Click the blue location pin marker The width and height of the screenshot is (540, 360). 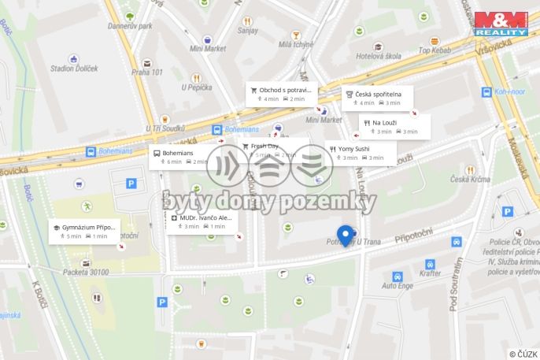pos(344,235)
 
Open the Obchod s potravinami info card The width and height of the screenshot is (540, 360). pos(281,94)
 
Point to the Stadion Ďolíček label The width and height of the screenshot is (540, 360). pos(73,69)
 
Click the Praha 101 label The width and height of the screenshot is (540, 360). pos(146,72)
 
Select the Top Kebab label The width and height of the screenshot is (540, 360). pos(434,50)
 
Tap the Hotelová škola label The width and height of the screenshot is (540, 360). pos(378,56)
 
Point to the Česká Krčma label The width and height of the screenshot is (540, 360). pos(470,179)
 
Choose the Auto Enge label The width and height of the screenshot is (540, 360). pos(398,285)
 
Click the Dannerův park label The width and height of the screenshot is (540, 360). pos(129,25)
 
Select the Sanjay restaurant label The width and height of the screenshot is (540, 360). pos(247,31)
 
